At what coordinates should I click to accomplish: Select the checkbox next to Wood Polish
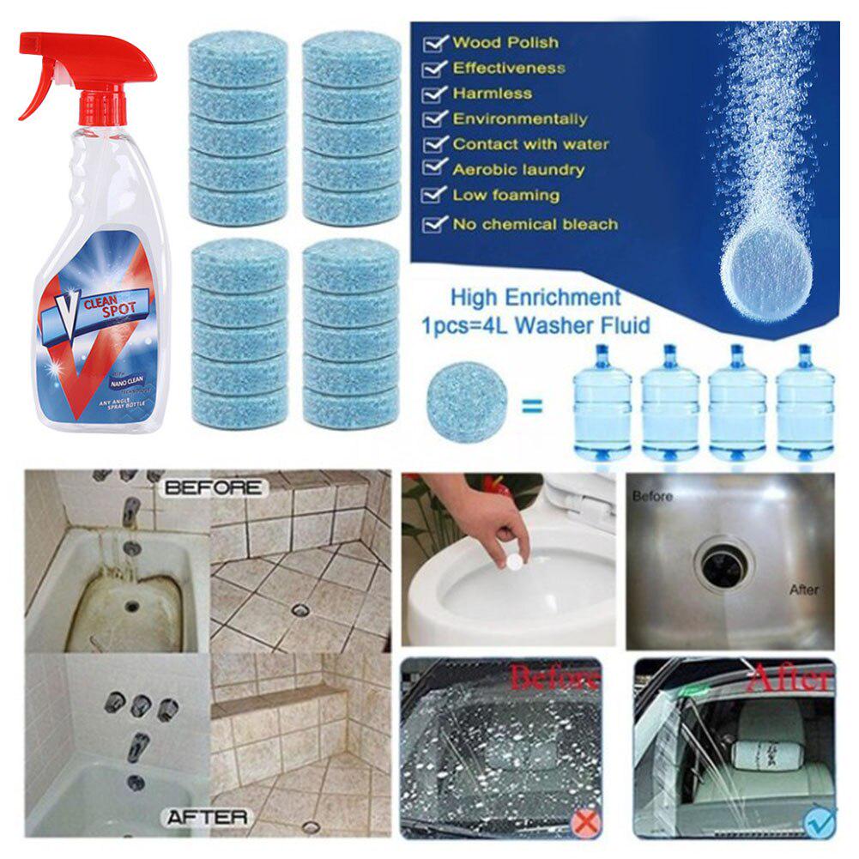437,42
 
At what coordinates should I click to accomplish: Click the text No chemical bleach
535,224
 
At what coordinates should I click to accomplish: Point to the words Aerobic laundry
518,170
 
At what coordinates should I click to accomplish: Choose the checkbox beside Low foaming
437,196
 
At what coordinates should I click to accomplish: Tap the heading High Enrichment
535,298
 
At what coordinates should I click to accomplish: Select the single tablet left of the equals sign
466,402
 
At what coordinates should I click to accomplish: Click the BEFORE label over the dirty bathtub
214,487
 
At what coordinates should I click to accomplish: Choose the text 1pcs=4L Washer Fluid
535,325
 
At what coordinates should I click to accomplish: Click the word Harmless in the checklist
493,93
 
